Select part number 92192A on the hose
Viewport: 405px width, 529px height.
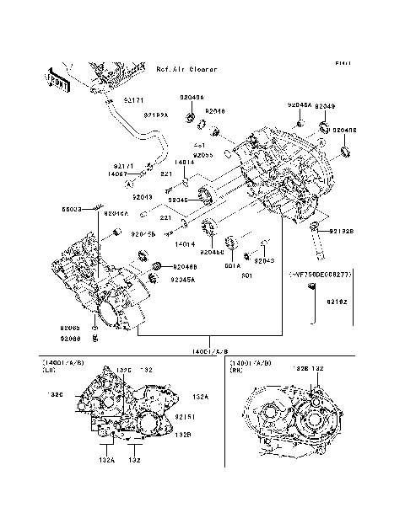(x=156, y=115)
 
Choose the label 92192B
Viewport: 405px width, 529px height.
(x=342, y=231)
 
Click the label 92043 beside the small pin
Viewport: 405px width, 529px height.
(x=264, y=261)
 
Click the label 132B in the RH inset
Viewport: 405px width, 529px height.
(x=300, y=369)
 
